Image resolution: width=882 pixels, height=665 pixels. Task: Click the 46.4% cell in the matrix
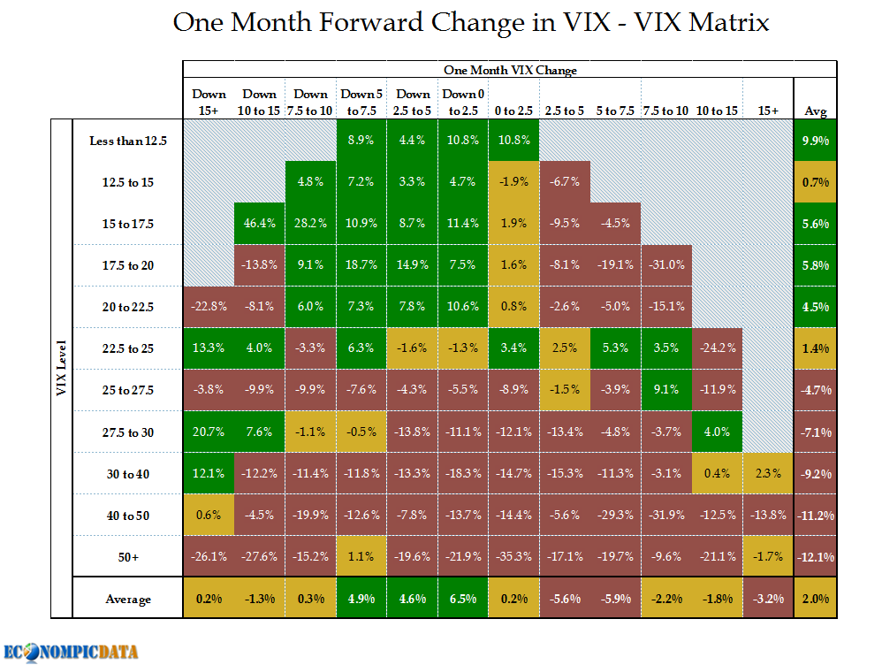[260, 224]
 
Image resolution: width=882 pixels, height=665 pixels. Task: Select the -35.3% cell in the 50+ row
[513, 556]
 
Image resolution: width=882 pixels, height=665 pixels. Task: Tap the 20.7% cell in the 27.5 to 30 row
[209, 432]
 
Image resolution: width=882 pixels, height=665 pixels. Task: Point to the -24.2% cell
[718, 348]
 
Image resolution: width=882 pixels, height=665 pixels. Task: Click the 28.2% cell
[311, 224]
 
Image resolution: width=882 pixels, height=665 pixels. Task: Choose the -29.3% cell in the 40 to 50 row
[615, 515]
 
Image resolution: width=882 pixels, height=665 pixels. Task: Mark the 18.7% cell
[361, 264]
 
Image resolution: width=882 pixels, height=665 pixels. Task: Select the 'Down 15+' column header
[209, 102]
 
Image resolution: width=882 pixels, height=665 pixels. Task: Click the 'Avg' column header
[815, 111]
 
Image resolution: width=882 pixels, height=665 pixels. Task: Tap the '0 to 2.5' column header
[513, 111]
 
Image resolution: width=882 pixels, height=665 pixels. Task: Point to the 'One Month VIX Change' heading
[510, 70]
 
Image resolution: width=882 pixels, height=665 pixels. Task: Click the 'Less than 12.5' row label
[128, 141]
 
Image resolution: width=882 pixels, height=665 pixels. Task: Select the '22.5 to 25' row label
[128, 348]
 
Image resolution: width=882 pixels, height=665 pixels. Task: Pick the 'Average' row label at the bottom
[128, 599]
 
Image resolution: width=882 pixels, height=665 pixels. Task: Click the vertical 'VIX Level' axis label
[62, 369]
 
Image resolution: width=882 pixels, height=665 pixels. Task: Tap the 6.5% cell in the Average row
[462, 599]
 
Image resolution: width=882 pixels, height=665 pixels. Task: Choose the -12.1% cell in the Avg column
[815, 556]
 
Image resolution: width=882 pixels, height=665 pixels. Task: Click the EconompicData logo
[71, 652]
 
